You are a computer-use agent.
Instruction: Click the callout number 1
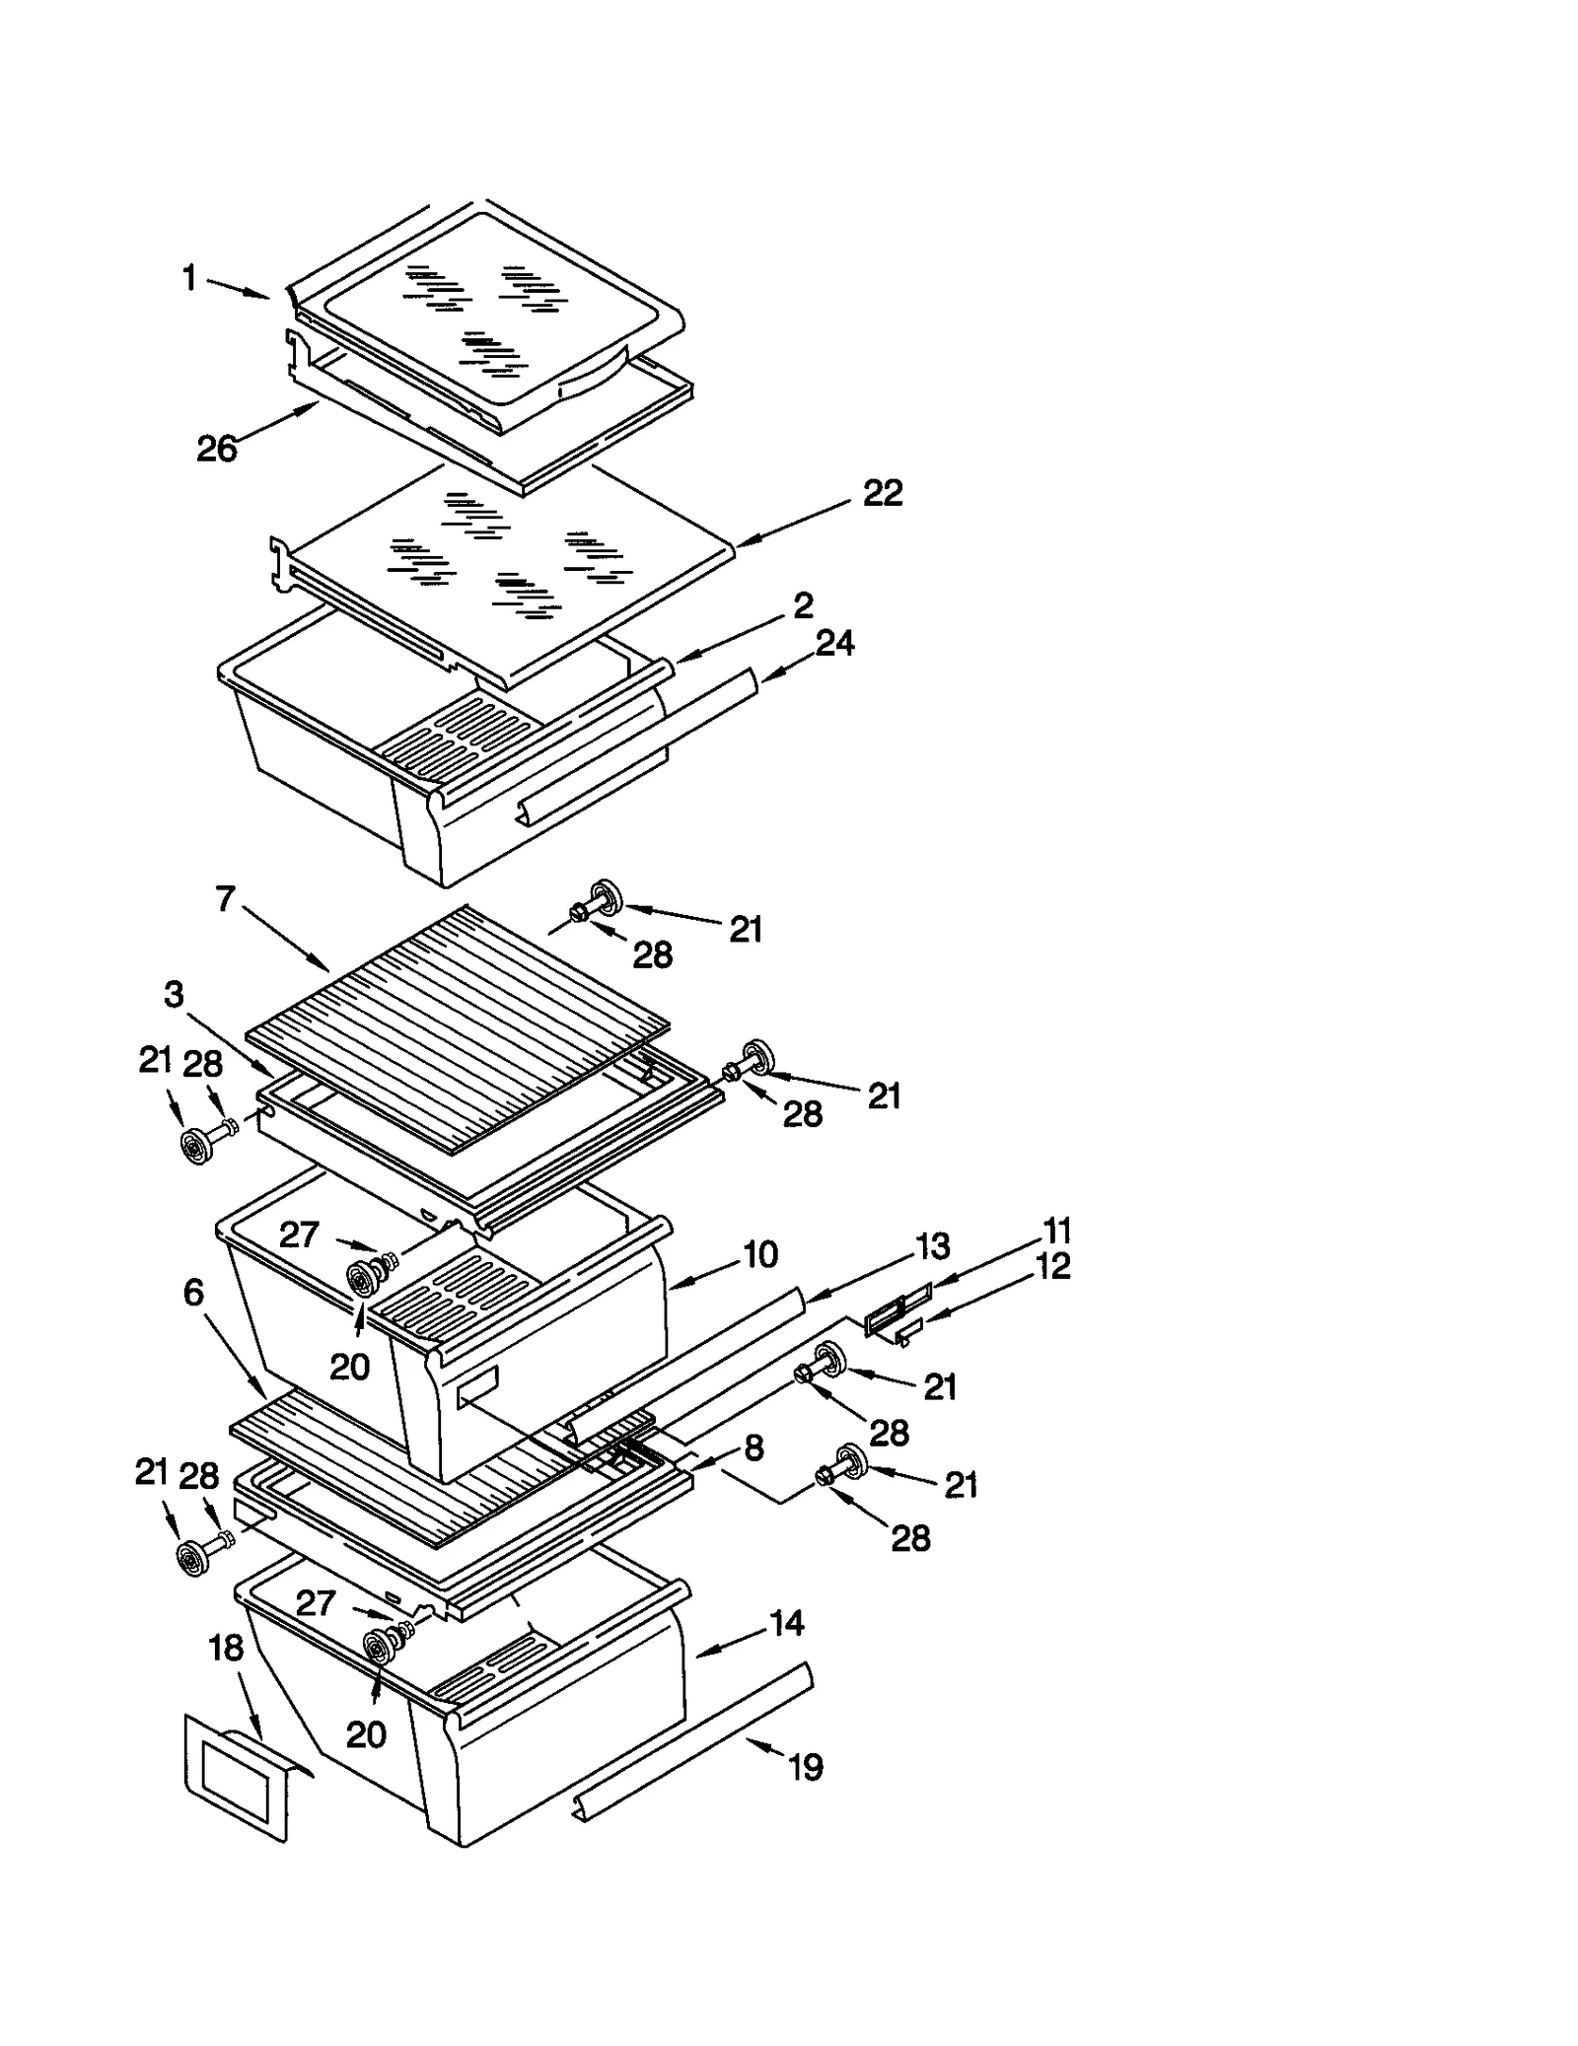[x=189, y=279]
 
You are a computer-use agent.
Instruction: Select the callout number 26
[x=217, y=450]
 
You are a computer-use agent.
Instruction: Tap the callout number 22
[x=882, y=493]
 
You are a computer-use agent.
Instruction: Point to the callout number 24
[x=834, y=644]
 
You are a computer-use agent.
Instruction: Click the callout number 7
[x=226, y=899]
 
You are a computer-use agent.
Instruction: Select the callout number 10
[x=760, y=1255]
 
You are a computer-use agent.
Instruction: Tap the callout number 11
[x=1057, y=1231]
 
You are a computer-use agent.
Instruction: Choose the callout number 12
[x=1053, y=1266]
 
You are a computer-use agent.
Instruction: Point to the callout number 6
[x=193, y=1292]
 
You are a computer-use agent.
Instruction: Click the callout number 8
[x=753, y=1447]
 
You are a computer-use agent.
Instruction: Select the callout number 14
[x=786, y=1623]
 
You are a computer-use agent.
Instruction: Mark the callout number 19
[x=806, y=1766]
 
